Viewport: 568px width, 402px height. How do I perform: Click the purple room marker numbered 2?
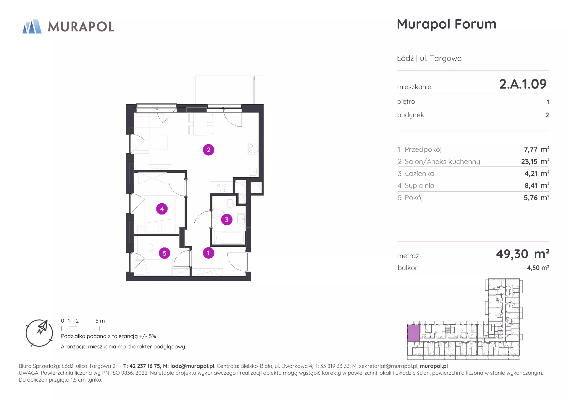tap(209, 150)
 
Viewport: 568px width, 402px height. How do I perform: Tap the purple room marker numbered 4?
tap(162, 209)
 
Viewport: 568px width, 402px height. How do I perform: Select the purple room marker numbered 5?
tap(164, 253)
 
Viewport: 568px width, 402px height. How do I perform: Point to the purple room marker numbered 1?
tap(208, 253)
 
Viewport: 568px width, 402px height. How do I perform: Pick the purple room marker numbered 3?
tap(227, 220)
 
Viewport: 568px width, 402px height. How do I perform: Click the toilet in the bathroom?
tap(230, 203)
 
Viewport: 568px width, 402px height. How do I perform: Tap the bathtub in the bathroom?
tap(230, 238)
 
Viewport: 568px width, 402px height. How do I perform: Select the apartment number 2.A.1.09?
tap(523, 84)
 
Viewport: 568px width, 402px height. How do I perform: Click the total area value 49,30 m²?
tap(523, 254)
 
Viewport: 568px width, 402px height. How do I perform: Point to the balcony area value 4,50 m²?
tap(538, 268)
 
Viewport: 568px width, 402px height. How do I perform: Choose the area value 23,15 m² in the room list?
tap(535, 161)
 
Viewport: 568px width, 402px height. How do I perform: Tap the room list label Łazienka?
tap(419, 174)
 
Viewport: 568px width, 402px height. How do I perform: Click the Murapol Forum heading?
tap(446, 24)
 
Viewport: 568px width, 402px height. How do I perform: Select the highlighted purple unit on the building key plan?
tap(413, 333)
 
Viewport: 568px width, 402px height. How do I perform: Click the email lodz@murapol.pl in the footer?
tap(192, 366)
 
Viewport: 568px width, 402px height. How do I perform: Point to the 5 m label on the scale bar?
tap(100, 321)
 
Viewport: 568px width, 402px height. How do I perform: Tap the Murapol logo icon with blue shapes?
tap(32, 27)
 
